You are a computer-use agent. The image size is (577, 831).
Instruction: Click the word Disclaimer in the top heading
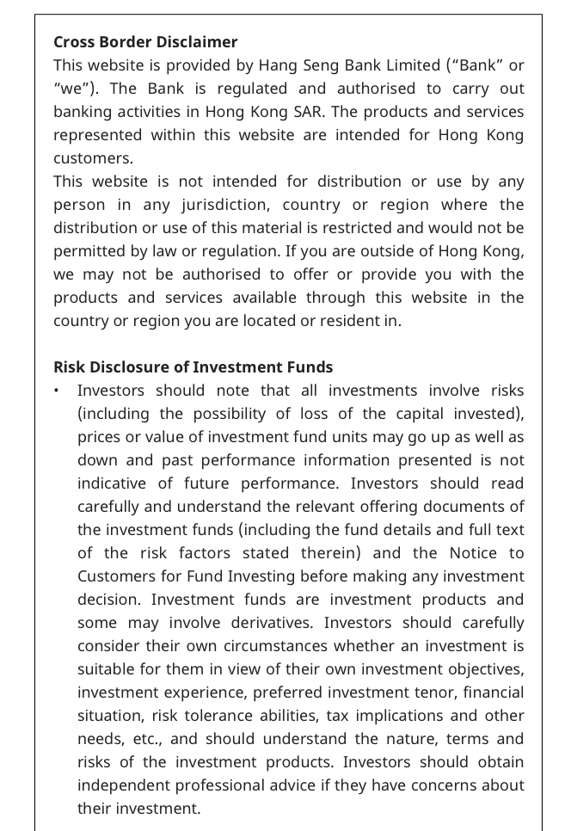pyautogui.click(x=194, y=42)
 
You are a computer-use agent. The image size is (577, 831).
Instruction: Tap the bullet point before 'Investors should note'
pyautogui.click(x=57, y=391)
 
